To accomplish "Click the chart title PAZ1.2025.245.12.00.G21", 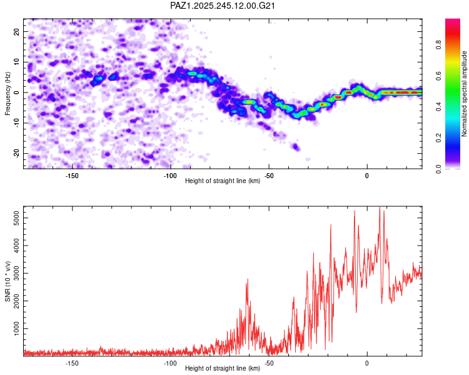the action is (222, 6).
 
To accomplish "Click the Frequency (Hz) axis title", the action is (8, 94).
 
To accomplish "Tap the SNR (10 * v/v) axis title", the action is (8, 281).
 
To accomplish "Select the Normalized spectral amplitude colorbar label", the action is (464, 94).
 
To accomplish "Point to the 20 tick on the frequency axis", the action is (16, 31).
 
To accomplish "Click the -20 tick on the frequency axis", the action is (16, 153).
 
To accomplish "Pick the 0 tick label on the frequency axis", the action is (16, 92).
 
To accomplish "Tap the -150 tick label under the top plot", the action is (71, 176).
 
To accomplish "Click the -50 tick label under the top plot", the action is (269, 176).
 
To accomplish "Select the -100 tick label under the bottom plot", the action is (170, 363).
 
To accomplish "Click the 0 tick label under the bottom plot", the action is (367, 363).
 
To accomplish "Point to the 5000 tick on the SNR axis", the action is (16, 217).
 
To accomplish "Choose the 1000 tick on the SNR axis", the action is (16, 328).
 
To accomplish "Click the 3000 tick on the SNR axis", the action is (16, 273).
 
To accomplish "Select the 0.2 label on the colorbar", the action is (438, 137).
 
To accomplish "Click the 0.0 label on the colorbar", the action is (438, 169).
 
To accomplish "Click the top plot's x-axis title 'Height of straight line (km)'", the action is (223, 181).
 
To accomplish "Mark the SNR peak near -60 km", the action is (248, 279).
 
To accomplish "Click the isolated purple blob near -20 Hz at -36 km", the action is (296, 147).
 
